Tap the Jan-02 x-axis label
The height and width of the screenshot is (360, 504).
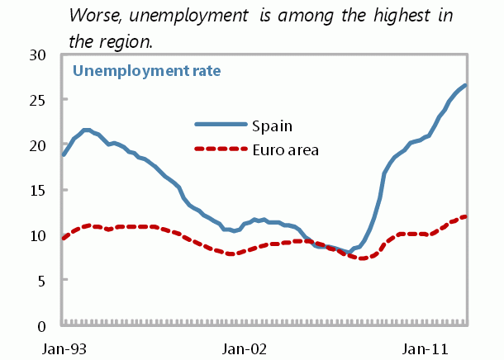(245, 348)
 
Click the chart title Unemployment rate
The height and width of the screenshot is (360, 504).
(147, 71)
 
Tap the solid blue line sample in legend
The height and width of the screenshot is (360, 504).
(221, 125)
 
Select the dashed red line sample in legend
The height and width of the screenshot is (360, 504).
(221, 149)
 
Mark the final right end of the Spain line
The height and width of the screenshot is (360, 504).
(466, 85)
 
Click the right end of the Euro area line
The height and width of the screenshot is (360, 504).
(466, 216)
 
